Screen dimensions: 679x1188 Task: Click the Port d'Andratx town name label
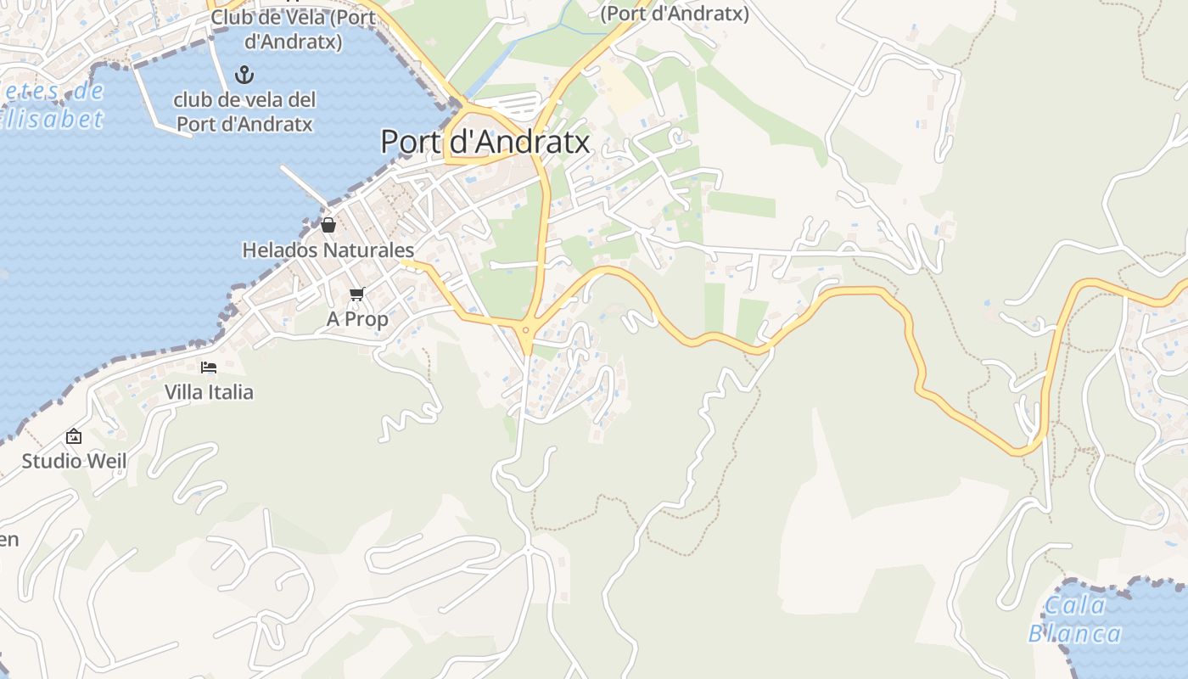pos(485,142)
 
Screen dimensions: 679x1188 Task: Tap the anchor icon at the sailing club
pos(244,75)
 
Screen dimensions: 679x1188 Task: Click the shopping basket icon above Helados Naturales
pos(328,225)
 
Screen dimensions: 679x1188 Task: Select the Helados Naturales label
pos(328,250)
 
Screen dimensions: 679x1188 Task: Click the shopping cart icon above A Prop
pos(357,294)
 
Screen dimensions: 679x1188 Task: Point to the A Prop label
pos(357,319)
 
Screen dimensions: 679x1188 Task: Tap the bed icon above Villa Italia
pos(209,367)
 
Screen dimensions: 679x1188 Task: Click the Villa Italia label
pos(209,392)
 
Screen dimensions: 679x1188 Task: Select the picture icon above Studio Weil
pos(74,436)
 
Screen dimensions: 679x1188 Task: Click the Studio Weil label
pos(74,462)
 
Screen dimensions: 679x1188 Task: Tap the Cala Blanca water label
pos(1075,620)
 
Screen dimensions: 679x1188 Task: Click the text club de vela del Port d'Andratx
pos(244,112)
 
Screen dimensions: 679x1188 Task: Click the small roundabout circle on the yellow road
pos(526,330)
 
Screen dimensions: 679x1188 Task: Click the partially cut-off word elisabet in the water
pos(51,119)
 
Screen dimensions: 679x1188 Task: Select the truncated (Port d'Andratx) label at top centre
pos(675,14)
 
